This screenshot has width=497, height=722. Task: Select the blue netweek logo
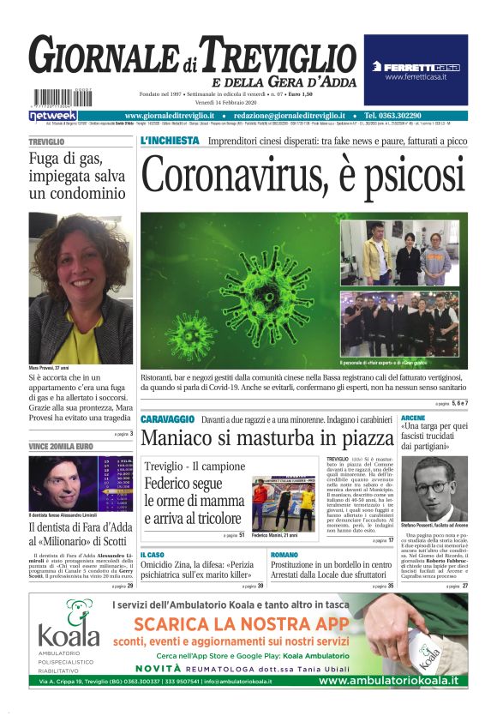click(x=53, y=115)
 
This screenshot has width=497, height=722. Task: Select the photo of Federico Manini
click(x=283, y=503)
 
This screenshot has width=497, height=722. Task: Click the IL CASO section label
click(x=153, y=555)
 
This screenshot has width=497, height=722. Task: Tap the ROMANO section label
click(x=285, y=555)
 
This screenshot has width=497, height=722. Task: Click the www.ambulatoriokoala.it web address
click(x=388, y=681)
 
